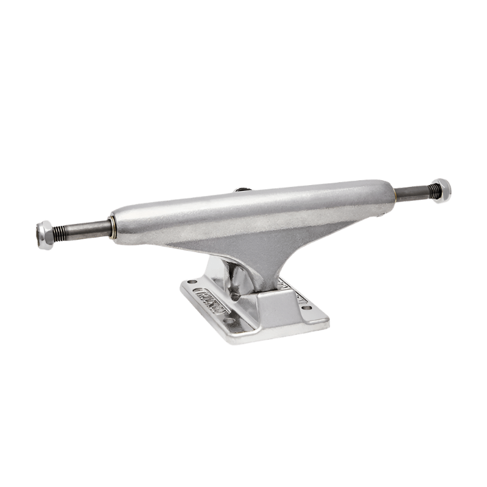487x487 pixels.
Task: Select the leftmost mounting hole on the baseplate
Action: point(194,282)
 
